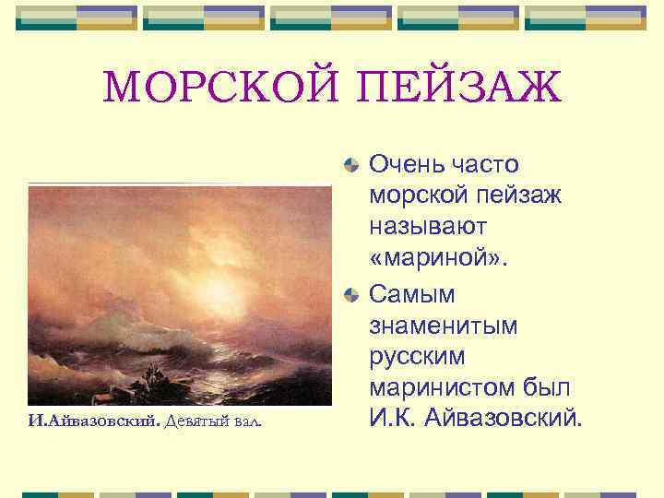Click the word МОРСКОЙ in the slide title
click(x=217, y=89)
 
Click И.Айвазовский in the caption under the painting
click(x=94, y=421)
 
